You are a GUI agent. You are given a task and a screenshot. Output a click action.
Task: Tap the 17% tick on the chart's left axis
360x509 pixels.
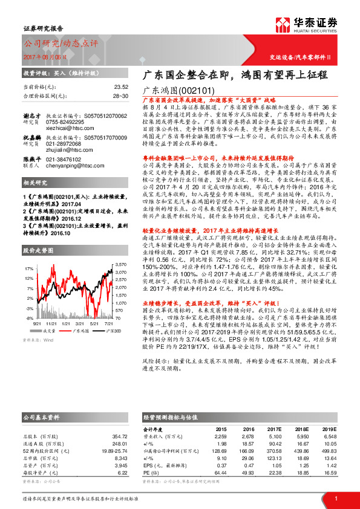[28, 268]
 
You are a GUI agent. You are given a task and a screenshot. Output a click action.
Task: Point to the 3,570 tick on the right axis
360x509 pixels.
[120, 265]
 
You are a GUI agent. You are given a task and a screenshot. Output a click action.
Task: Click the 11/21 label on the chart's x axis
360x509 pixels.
[52, 323]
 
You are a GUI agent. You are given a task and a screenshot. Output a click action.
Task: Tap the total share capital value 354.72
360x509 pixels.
[120, 436]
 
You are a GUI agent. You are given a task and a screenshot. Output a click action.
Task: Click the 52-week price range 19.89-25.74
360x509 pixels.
[114, 452]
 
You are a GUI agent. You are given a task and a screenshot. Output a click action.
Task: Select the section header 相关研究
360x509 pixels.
[36, 199]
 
